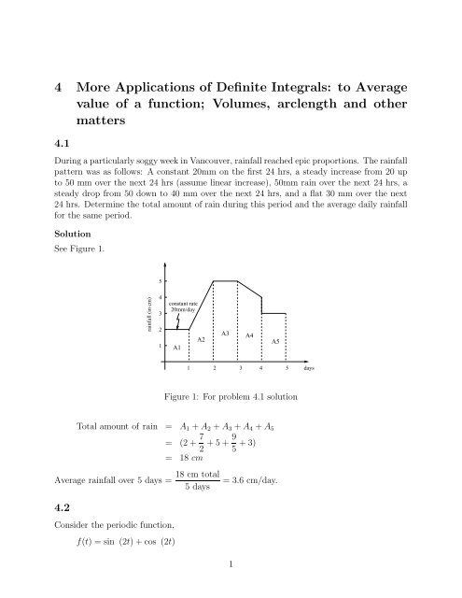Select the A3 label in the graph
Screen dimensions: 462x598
click(x=225, y=333)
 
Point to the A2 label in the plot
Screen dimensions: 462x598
click(x=201, y=338)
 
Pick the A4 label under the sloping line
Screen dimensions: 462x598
click(x=249, y=334)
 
